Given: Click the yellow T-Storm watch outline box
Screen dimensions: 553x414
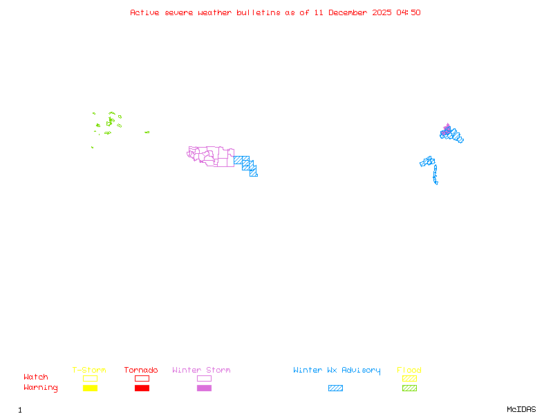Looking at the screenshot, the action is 90,378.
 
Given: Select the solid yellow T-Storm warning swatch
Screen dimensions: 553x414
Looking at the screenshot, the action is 90,388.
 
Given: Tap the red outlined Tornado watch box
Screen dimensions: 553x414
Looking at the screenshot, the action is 142,378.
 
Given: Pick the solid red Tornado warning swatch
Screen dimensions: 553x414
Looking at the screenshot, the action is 142,388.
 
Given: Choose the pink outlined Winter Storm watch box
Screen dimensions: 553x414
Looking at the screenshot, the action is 204,378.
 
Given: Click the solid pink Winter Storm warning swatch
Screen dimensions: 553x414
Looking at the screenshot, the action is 204,388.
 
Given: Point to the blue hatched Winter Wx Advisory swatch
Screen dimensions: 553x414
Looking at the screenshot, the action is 335,388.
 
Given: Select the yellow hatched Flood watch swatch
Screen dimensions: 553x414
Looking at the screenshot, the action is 409,378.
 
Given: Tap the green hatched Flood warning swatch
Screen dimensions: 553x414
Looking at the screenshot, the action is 409,388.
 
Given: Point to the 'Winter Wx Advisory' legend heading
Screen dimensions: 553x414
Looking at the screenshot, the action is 337,371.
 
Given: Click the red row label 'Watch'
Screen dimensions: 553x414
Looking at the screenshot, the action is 36,377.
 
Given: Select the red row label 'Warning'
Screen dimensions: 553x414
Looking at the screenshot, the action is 41,388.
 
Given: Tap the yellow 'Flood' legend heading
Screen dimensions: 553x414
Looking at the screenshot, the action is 409,371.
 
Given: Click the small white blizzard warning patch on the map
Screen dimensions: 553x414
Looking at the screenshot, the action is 438,183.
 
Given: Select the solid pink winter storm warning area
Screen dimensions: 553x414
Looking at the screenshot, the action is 447,128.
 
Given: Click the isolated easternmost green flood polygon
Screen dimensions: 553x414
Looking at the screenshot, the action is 147,132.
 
